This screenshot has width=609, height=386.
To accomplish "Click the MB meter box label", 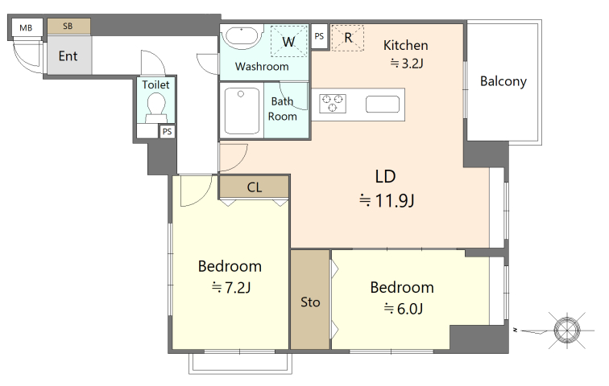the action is (x=26, y=28).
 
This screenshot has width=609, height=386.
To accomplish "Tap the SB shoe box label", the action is (x=68, y=26).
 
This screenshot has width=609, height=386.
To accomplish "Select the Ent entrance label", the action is (x=68, y=56).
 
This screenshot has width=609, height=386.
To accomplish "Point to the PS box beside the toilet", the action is (x=167, y=131).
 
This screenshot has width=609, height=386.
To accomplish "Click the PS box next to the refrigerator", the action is (x=319, y=36).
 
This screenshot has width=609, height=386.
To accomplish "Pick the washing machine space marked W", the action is (x=288, y=41).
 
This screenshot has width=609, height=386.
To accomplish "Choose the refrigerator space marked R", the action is (x=348, y=38).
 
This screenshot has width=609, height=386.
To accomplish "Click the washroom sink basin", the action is (x=242, y=37).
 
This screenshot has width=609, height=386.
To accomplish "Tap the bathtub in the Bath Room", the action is (x=242, y=111).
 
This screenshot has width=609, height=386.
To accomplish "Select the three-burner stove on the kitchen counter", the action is (x=333, y=104).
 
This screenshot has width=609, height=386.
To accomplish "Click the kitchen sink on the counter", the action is (x=383, y=105).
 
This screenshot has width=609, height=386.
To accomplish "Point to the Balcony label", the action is (x=503, y=81).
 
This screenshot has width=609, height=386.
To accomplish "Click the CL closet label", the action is (x=255, y=187).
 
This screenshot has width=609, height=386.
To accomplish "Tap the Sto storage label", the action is (x=310, y=302).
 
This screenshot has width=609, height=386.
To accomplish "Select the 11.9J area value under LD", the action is (x=395, y=201).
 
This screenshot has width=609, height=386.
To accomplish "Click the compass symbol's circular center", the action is (x=567, y=331).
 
